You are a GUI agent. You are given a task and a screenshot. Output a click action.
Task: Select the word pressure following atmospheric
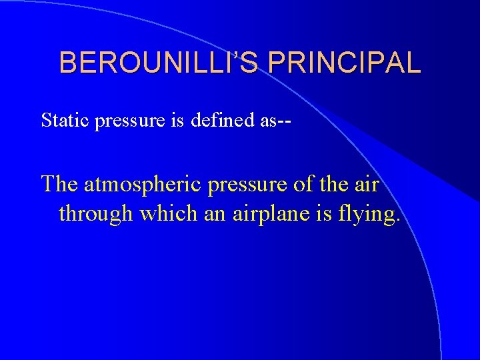click(x=250, y=184)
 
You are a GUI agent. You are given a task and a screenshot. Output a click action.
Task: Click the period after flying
click(x=399, y=220)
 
